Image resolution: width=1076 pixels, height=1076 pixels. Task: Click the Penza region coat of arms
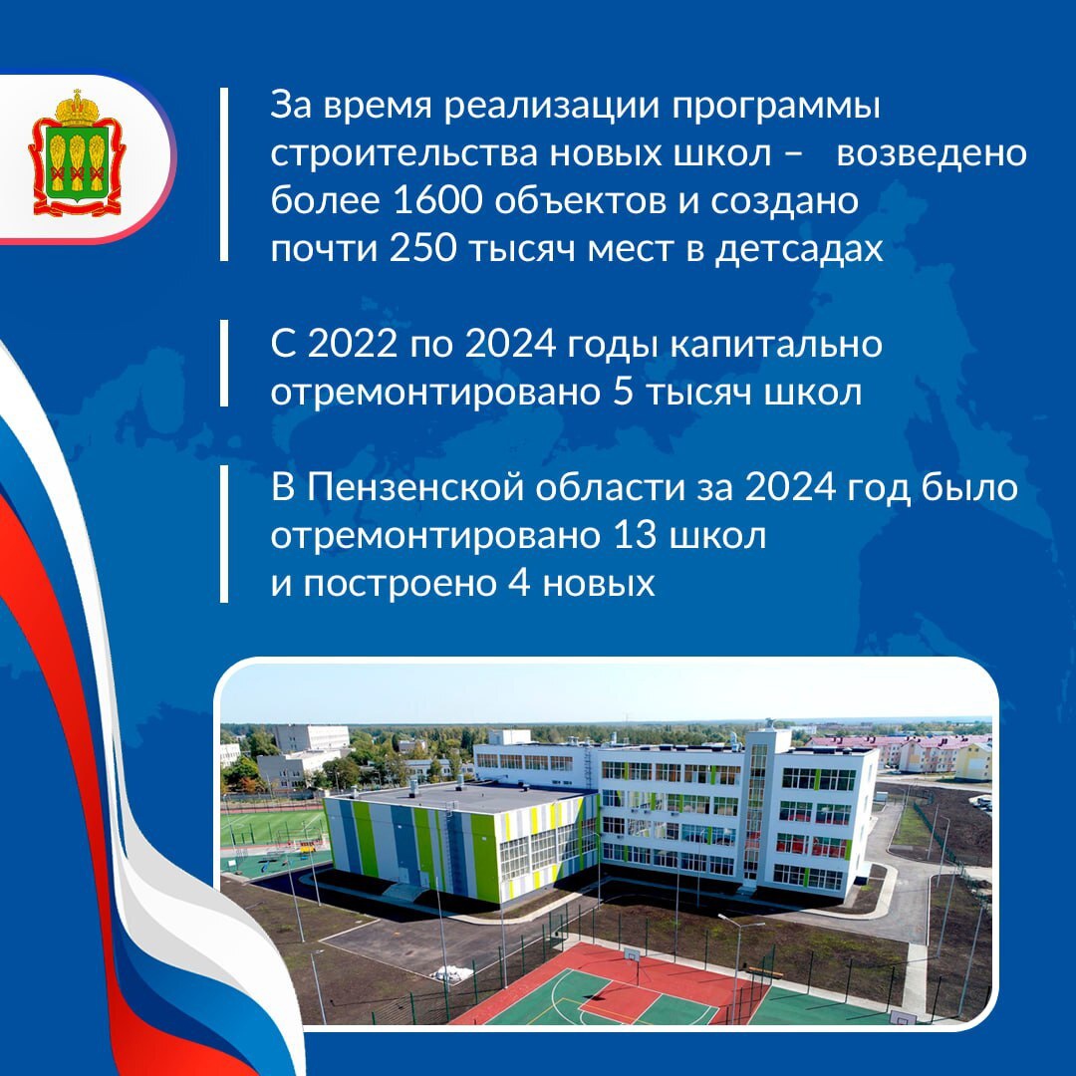(x=77, y=152)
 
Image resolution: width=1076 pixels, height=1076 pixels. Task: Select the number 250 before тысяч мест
(x=422, y=248)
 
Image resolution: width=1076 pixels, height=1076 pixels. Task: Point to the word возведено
(x=932, y=153)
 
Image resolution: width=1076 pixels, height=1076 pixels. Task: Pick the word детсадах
(x=799, y=249)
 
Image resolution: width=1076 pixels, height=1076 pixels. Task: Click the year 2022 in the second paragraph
(x=352, y=343)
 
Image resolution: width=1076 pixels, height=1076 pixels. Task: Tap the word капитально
(x=775, y=343)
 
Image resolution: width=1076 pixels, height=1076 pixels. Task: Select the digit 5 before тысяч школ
(x=623, y=392)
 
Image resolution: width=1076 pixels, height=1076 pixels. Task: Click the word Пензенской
(x=420, y=487)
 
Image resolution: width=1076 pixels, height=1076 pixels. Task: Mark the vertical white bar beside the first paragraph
(x=224, y=174)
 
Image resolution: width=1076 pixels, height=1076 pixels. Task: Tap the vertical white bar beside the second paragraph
(x=224, y=363)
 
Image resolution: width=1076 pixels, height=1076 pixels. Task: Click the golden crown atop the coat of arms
(x=77, y=108)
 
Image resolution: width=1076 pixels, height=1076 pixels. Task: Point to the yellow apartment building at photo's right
(x=972, y=761)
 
